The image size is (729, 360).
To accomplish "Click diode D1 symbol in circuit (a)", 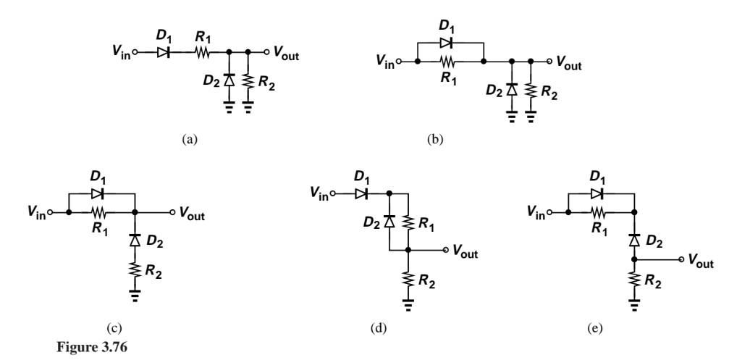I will point(162,52).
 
